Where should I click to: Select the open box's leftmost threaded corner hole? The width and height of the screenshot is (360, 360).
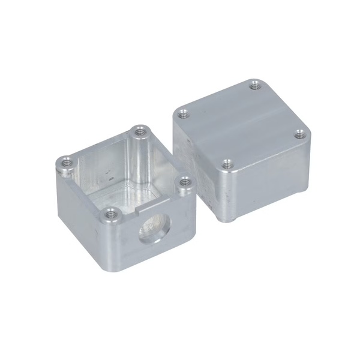coord(66,161)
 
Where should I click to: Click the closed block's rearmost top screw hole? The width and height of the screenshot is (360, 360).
coord(256,85)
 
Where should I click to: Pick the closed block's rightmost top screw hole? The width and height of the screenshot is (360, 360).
coord(298,135)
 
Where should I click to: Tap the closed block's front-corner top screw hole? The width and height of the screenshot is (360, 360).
coord(226,163)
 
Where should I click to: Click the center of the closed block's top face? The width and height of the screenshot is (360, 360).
coord(241,124)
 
